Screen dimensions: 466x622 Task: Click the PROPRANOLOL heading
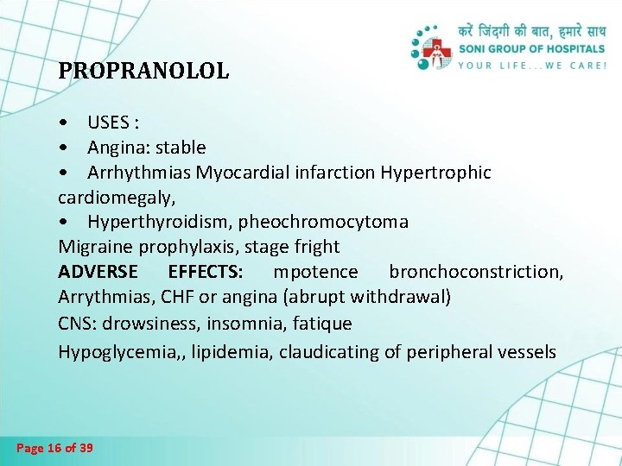(143, 71)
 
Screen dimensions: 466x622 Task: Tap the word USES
(107, 123)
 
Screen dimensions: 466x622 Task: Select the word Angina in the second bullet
(116, 148)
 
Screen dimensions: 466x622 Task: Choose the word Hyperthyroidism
(159, 222)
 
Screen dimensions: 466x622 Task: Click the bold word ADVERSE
(98, 272)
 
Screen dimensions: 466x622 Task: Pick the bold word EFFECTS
(206, 272)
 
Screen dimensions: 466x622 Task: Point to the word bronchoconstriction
(476, 272)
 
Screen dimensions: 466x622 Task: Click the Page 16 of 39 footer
(55, 448)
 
